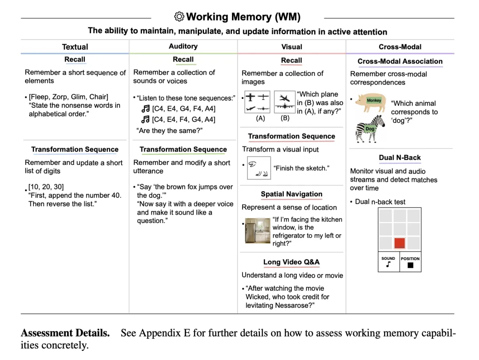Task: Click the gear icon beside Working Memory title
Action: pos(179,17)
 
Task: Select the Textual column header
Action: pos(75,47)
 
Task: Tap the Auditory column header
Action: pos(183,46)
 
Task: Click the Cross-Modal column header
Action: pos(400,47)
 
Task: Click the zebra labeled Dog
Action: pos(370,128)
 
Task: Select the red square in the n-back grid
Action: pos(400,243)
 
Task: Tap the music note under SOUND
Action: pos(389,265)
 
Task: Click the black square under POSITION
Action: pos(410,265)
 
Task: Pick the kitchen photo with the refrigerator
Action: pos(257,231)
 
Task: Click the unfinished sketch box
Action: pos(259,168)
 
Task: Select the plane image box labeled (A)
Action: pos(257,103)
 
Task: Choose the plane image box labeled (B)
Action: pos(285,103)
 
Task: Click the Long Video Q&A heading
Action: pos(291,262)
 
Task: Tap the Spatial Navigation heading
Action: pos(291,194)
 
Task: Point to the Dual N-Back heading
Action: pos(400,157)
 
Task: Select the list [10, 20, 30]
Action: pos(46,187)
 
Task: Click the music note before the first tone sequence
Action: pos(145,109)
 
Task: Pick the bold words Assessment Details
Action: pos(65,333)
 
